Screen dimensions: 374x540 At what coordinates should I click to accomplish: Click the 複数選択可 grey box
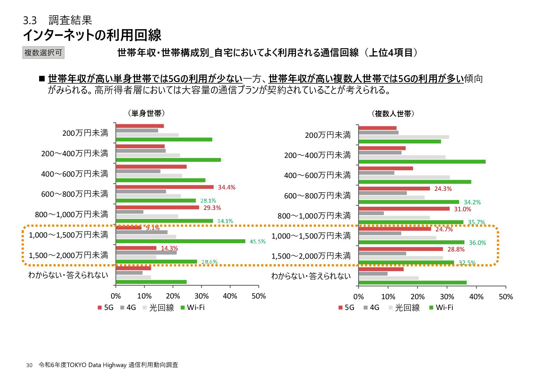point(43,53)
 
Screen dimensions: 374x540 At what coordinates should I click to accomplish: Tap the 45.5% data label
point(258,241)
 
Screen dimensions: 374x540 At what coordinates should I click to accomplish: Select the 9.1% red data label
point(153,228)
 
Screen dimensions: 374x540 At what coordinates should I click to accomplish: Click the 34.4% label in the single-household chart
point(226,187)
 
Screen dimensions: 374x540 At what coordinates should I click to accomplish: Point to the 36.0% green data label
point(477,243)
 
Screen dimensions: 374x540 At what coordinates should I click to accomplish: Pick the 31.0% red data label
point(462,209)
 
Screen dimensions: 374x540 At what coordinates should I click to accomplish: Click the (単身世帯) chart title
point(146,113)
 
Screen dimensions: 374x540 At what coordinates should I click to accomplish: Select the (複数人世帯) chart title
point(393,114)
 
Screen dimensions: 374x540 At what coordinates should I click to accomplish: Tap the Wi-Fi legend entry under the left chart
point(192,308)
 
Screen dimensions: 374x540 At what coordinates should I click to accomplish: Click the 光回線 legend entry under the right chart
point(404,308)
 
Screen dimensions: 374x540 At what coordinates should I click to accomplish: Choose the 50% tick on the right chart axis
point(506,297)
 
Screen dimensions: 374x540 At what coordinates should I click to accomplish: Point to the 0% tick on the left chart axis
point(116,296)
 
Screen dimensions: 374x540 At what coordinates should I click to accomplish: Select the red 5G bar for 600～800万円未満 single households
point(165,187)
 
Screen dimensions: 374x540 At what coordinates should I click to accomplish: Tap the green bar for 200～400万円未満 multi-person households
point(422,162)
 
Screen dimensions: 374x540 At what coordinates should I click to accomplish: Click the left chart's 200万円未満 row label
point(85,133)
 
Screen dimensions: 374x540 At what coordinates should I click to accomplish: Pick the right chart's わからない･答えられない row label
point(311,276)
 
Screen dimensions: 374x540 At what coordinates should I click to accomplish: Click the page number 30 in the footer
point(29,365)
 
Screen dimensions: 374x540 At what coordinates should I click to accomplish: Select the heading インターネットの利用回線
point(92,35)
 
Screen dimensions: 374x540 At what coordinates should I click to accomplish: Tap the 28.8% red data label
point(456,249)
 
